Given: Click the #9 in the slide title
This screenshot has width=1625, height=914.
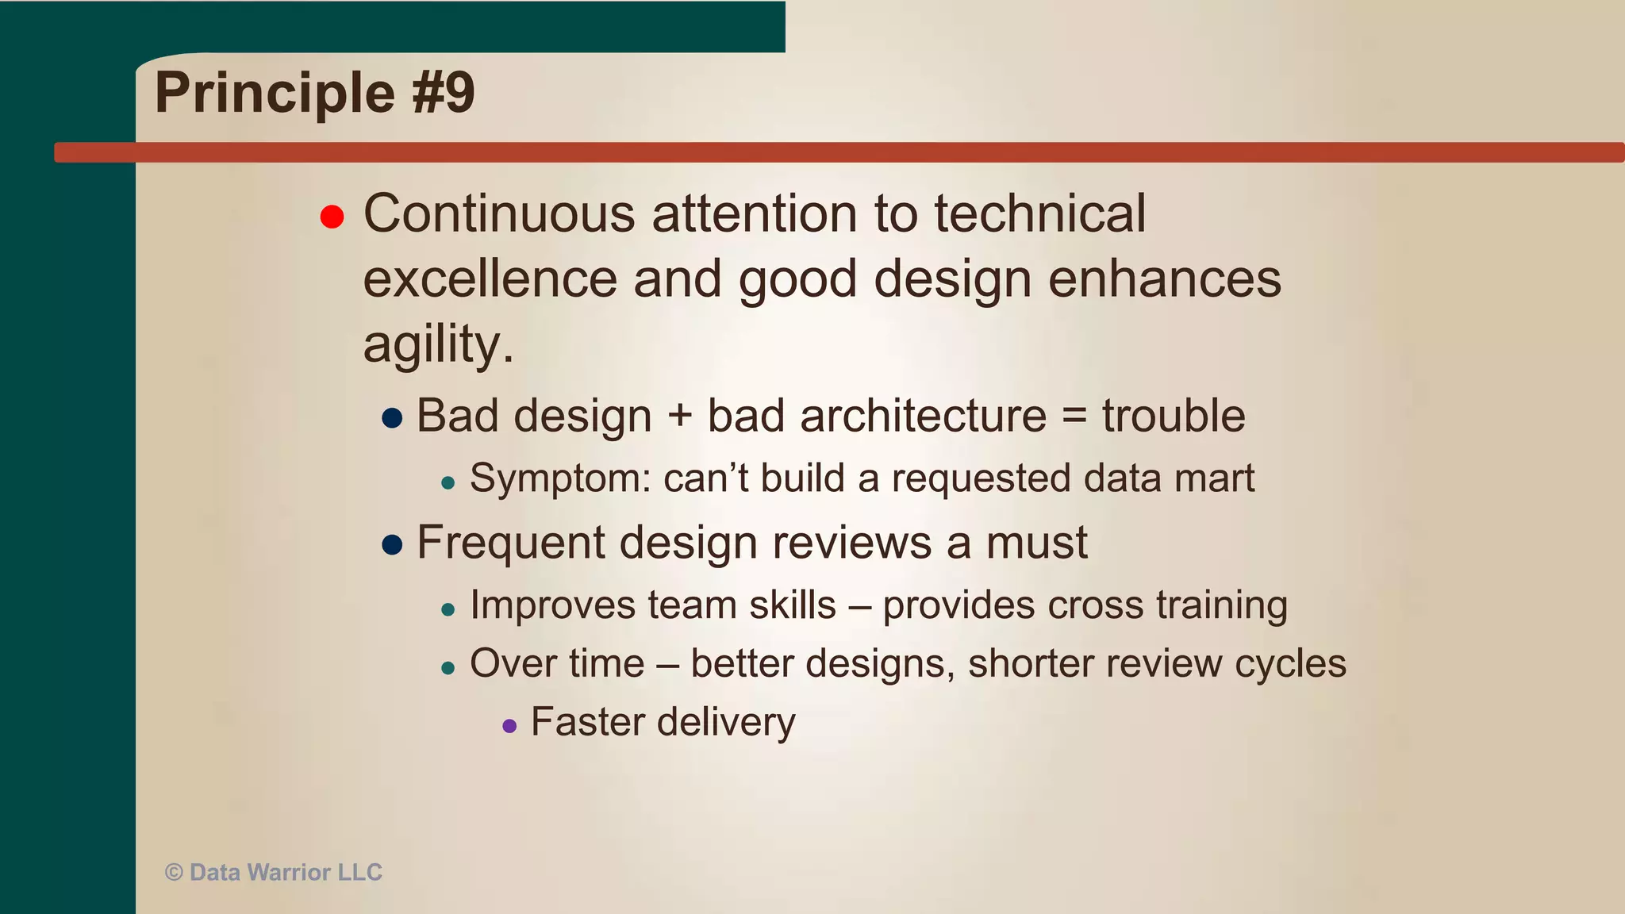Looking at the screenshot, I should pyautogui.click(x=443, y=93).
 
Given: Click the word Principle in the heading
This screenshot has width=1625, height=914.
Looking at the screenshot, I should pyautogui.click(x=275, y=94).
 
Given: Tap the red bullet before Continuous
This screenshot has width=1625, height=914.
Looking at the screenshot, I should pyautogui.click(x=332, y=216).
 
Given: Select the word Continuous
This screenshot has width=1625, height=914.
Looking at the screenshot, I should pyautogui.click(x=499, y=213).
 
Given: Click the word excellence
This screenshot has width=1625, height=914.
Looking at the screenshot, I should pyautogui.click(x=490, y=279).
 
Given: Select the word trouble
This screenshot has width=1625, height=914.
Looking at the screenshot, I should pyautogui.click(x=1173, y=416).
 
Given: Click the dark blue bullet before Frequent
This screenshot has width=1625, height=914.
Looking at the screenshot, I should pyautogui.click(x=392, y=544).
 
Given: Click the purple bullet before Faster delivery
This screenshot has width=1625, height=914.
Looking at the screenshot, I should pyautogui.click(x=509, y=725).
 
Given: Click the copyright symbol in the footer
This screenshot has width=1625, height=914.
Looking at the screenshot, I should pyautogui.click(x=174, y=873).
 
